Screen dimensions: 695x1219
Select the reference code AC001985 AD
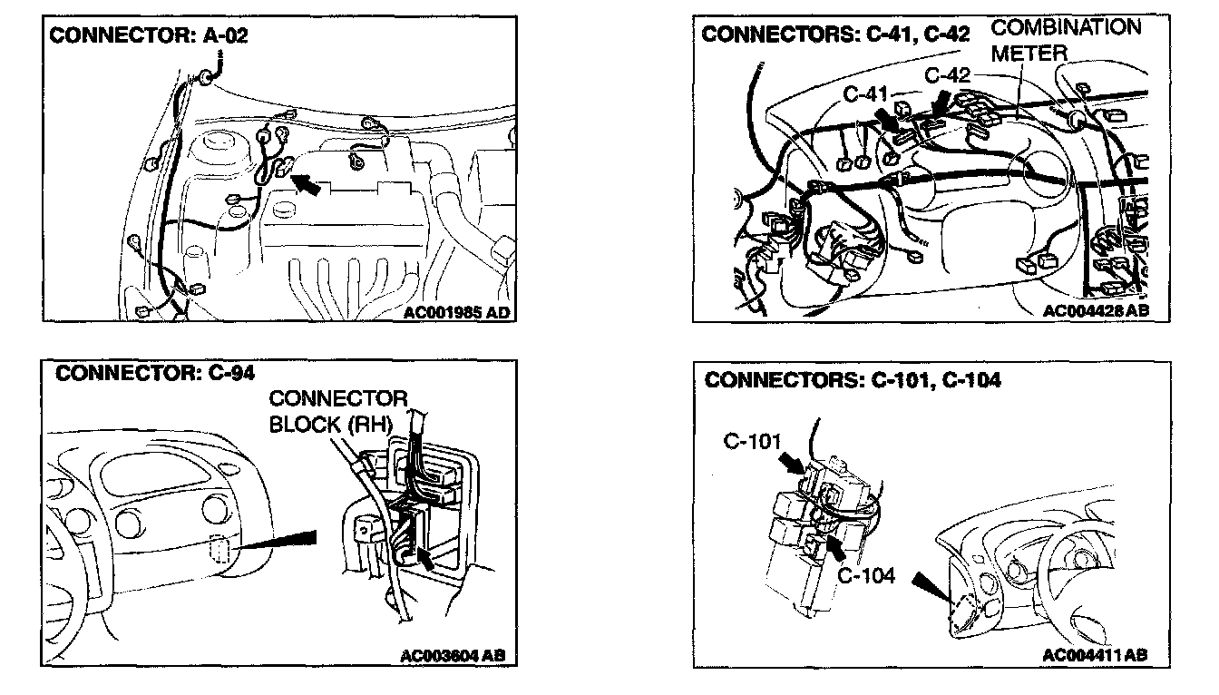coord(455,312)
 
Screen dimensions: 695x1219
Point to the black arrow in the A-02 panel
coord(307,184)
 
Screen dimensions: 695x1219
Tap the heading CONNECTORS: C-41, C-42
coord(835,34)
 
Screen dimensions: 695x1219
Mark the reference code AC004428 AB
coord(1096,310)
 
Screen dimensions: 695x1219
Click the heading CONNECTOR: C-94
coord(155,372)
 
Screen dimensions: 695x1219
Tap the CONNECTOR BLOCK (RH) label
coord(337,411)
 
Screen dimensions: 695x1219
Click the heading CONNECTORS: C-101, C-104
coord(853,380)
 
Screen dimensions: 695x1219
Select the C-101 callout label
coord(752,443)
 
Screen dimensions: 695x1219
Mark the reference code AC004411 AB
coord(1096,655)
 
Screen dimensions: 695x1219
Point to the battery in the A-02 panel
coord(345,222)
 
